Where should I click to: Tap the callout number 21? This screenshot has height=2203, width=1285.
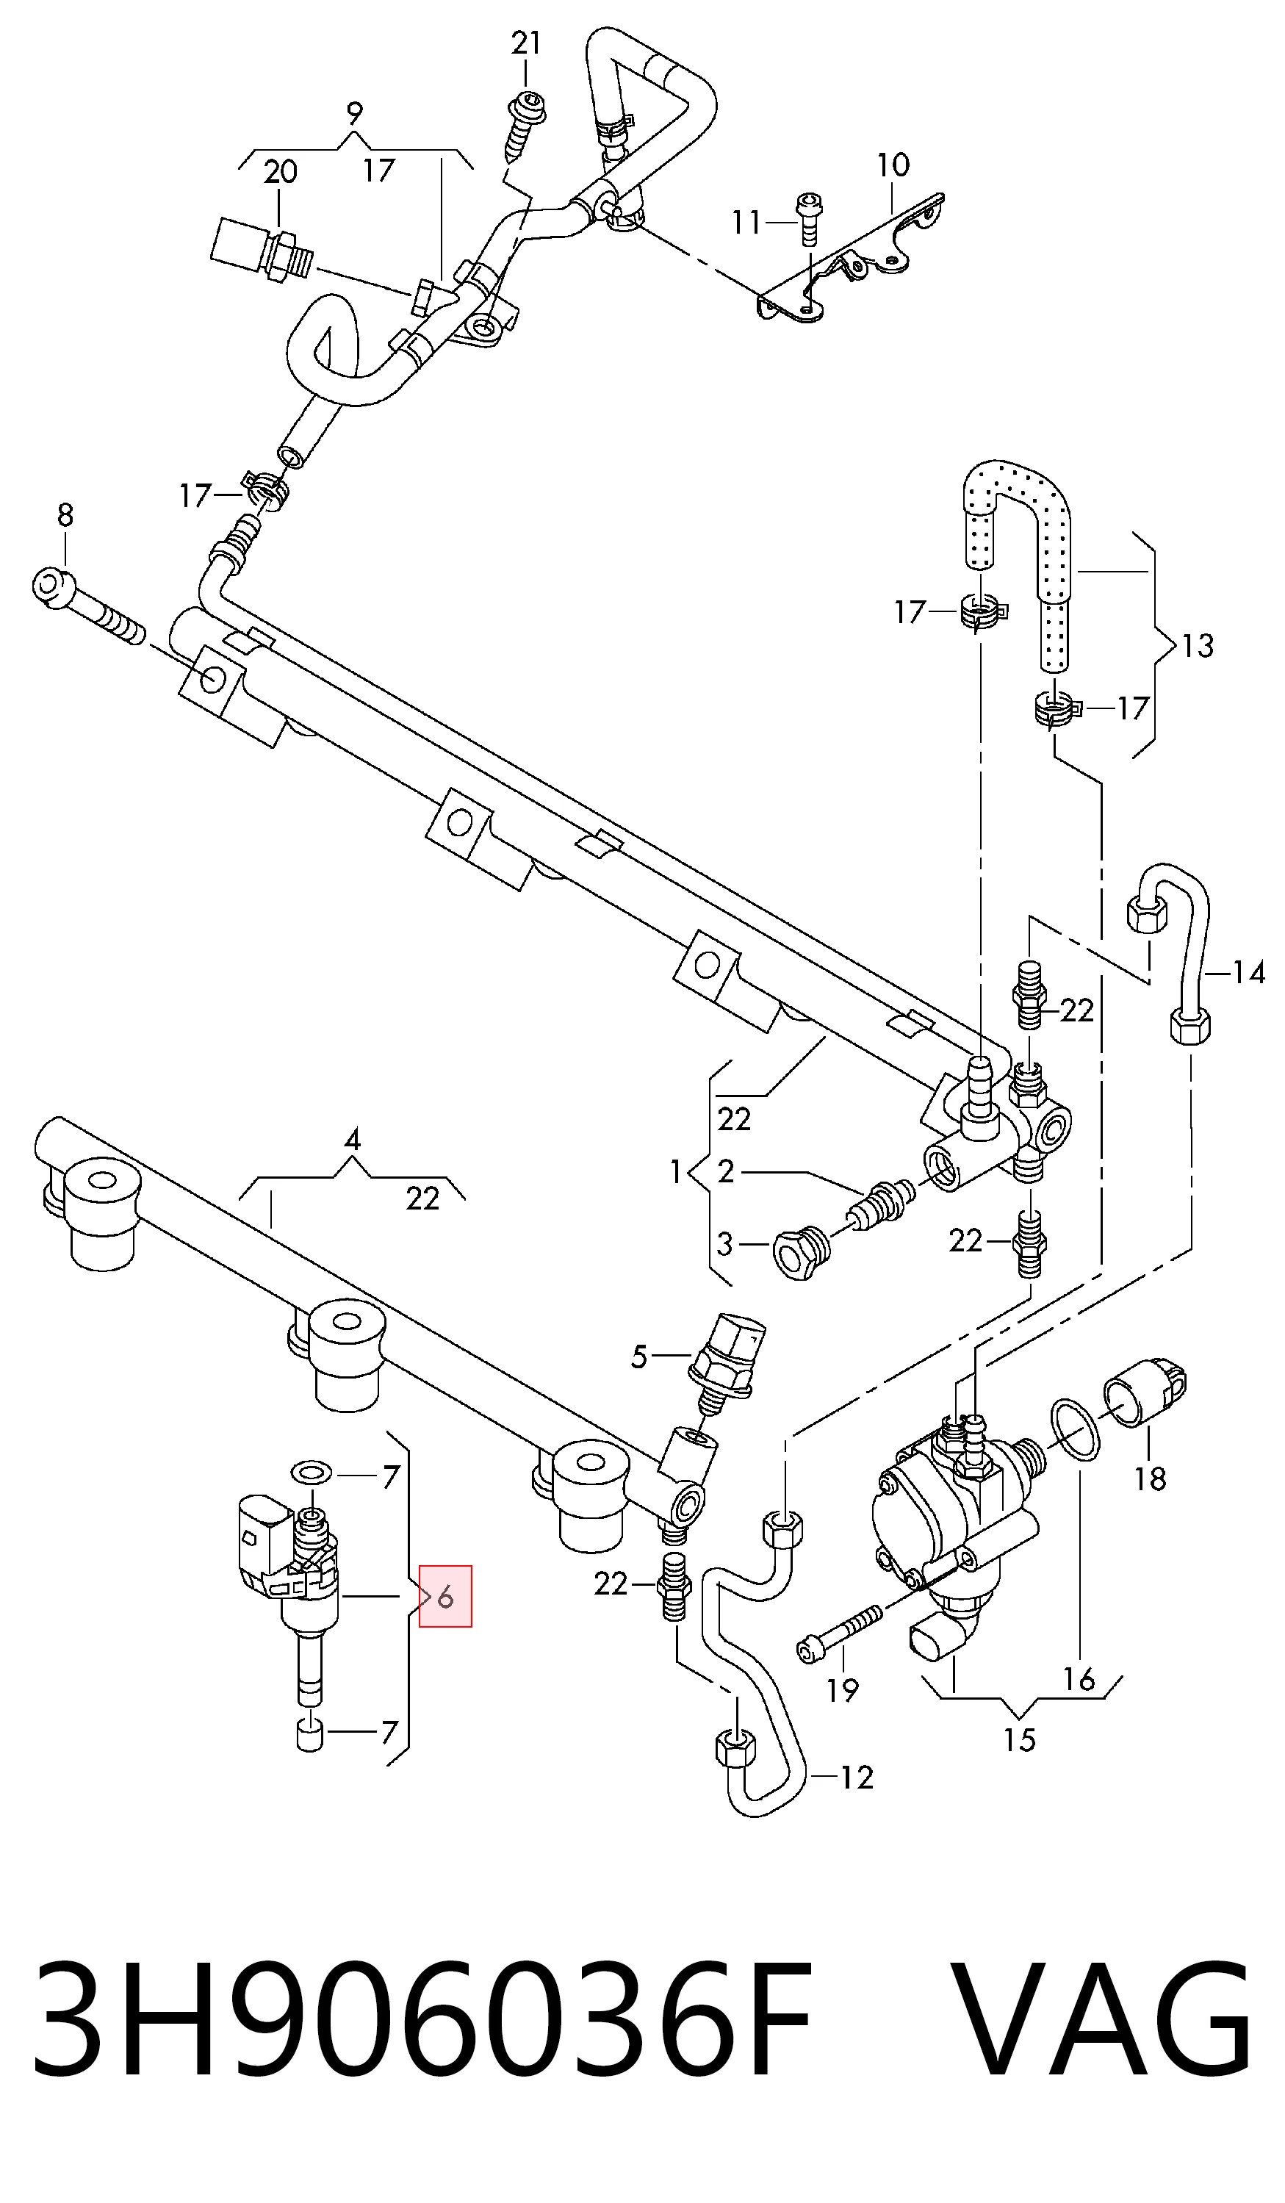[x=526, y=43]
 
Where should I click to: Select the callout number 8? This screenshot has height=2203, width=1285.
[x=65, y=515]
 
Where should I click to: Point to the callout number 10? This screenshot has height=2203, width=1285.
[x=893, y=165]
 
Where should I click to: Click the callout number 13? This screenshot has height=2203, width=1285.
[x=1198, y=646]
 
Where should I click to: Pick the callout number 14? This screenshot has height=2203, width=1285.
[x=1249, y=972]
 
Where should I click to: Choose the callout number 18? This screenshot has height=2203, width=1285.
[x=1151, y=1478]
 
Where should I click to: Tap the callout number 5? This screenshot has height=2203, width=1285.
[x=639, y=1356]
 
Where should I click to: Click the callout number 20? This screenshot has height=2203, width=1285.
[x=281, y=171]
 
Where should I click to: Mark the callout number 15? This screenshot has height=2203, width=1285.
[x=1019, y=1739]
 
